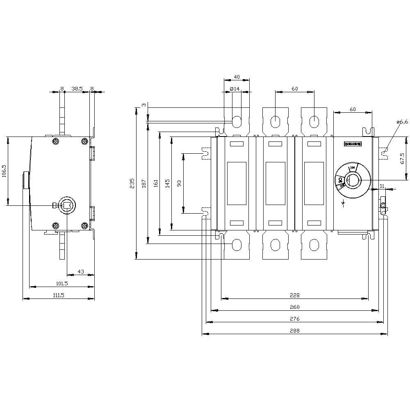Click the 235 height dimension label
pos(132,183)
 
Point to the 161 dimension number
pos(155,183)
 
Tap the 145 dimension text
pos(167,183)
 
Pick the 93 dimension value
pos(179,183)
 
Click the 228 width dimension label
pos(294,295)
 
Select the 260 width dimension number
pos(294,307)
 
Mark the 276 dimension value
pos(294,319)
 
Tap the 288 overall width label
pos(294,330)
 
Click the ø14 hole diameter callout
pos(235,89)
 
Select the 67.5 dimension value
pos(402,158)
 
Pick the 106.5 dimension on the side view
pos(4,171)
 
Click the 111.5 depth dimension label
pos(59,295)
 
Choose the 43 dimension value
pos(81,271)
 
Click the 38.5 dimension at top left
pos(77,88)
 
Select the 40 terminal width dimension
pos(237,77)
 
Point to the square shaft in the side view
pos(66,205)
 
